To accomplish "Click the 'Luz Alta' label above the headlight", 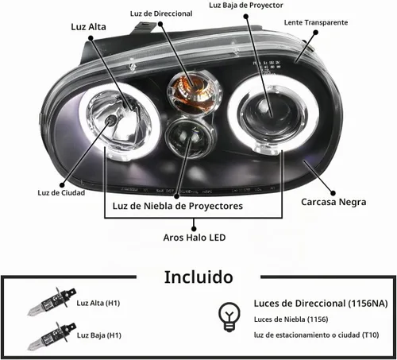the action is [x=88, y=27].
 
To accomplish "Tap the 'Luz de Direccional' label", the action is [x=161, y=14].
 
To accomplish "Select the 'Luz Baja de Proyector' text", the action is [x=246, y=5].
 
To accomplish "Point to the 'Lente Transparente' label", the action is [x=316, y=22].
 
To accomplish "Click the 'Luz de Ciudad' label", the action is [x=61, y=192].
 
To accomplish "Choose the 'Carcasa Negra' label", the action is [x=333, y=202].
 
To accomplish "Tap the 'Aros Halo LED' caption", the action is [x=195, y=238].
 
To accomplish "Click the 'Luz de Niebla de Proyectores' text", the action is [x=178, y=206].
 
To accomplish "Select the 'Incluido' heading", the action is [x=198, y=277].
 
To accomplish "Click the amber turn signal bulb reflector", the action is [x=194, y=91].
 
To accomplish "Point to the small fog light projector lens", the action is [x=191, y=137].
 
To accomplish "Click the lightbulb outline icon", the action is [x=229, y=317].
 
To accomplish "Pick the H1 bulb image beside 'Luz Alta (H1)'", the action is [x=52, y=301].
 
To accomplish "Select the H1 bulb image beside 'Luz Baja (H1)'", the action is [x=52, y=336].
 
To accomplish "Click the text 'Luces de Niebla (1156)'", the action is [x=291, y=319].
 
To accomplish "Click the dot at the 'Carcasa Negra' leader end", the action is [x=333, y=193].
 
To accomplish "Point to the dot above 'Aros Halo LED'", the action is [x=194, y=229].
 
